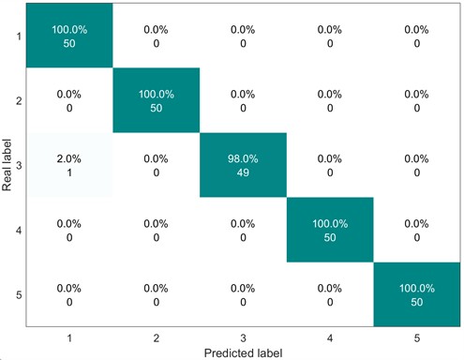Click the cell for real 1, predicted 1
tap(68, 36)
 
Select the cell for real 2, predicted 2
tap(156, 100)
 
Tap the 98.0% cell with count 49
tap(243, 165)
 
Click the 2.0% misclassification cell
tap(68, 165)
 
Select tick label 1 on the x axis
tap(68, 335)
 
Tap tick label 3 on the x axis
tap(243, 335)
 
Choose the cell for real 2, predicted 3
tap(243, 100)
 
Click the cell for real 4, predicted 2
tap(156, 230)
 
